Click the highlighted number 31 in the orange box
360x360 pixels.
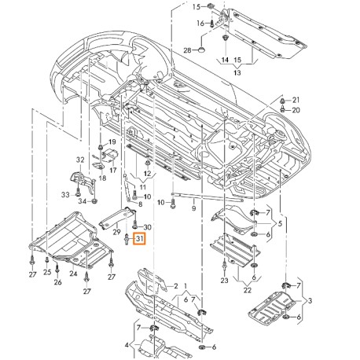tap(140, 239)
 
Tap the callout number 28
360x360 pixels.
tap(188, 50)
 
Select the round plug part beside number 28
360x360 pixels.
tap(201, 50)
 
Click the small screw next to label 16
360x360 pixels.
tap(211, 24)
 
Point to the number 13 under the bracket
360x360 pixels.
tap(237, 72)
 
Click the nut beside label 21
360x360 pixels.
tap(282, 101)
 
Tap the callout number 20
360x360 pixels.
tap(296, 110)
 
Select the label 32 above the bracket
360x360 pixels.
tap(80, 160)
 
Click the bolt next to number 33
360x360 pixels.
tap(78, 193)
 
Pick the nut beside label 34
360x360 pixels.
tap(95, 201)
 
